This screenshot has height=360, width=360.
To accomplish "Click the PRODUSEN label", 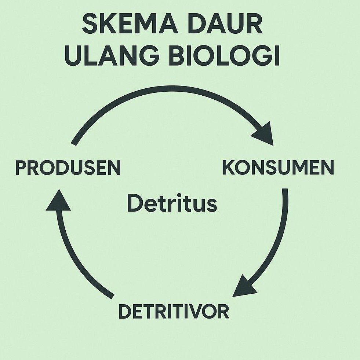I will click(68, 168).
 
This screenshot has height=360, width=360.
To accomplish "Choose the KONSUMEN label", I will click(279, 168).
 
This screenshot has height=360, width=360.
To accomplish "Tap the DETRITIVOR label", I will click(174, 312).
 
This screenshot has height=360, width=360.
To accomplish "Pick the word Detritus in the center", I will click(172, 204).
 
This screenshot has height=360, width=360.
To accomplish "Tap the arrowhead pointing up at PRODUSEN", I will click(58, 201).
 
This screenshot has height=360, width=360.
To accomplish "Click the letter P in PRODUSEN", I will click(21, 168).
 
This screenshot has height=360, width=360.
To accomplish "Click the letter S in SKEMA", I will click(90, 25).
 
